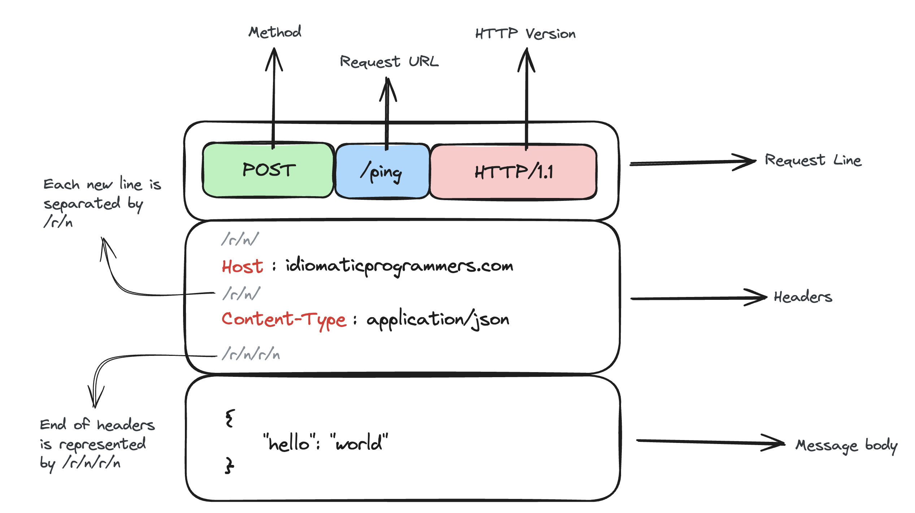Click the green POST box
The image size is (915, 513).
tap(268, 170)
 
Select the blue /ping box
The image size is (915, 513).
tap(382, 171)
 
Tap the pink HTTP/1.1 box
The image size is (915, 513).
tap(513, 172)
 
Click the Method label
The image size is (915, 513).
tap(275, 32)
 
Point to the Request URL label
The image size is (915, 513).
tap(389, 62)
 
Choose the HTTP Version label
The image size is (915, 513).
tap(525, 34)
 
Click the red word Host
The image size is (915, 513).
tap(243, 267)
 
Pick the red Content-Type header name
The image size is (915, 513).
tap(284, 320)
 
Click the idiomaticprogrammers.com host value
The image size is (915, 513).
tap(399, 266)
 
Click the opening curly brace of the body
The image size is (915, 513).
tap(230, 418)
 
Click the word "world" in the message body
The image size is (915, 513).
tap(359, 442)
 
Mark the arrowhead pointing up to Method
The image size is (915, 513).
tap(274, 59)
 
